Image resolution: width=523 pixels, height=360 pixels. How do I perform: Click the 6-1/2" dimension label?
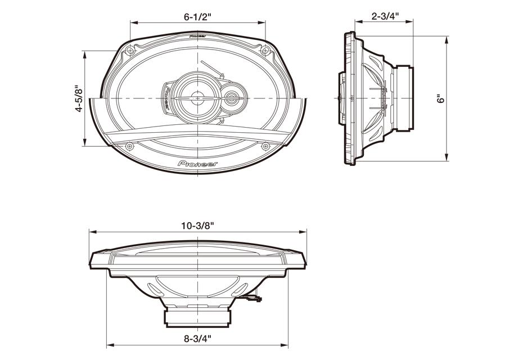point(197,16)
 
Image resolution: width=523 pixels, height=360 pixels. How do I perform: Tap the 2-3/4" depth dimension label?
point(385,16)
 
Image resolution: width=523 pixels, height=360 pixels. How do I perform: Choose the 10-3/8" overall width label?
point(197,225)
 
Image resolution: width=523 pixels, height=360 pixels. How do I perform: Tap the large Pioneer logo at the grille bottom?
point(198,163)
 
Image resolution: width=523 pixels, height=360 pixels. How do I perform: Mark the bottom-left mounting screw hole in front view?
point(130,146)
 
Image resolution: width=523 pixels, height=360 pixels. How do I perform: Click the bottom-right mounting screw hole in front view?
point(265,146)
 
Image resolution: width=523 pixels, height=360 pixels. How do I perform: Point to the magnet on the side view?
point(404,98)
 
